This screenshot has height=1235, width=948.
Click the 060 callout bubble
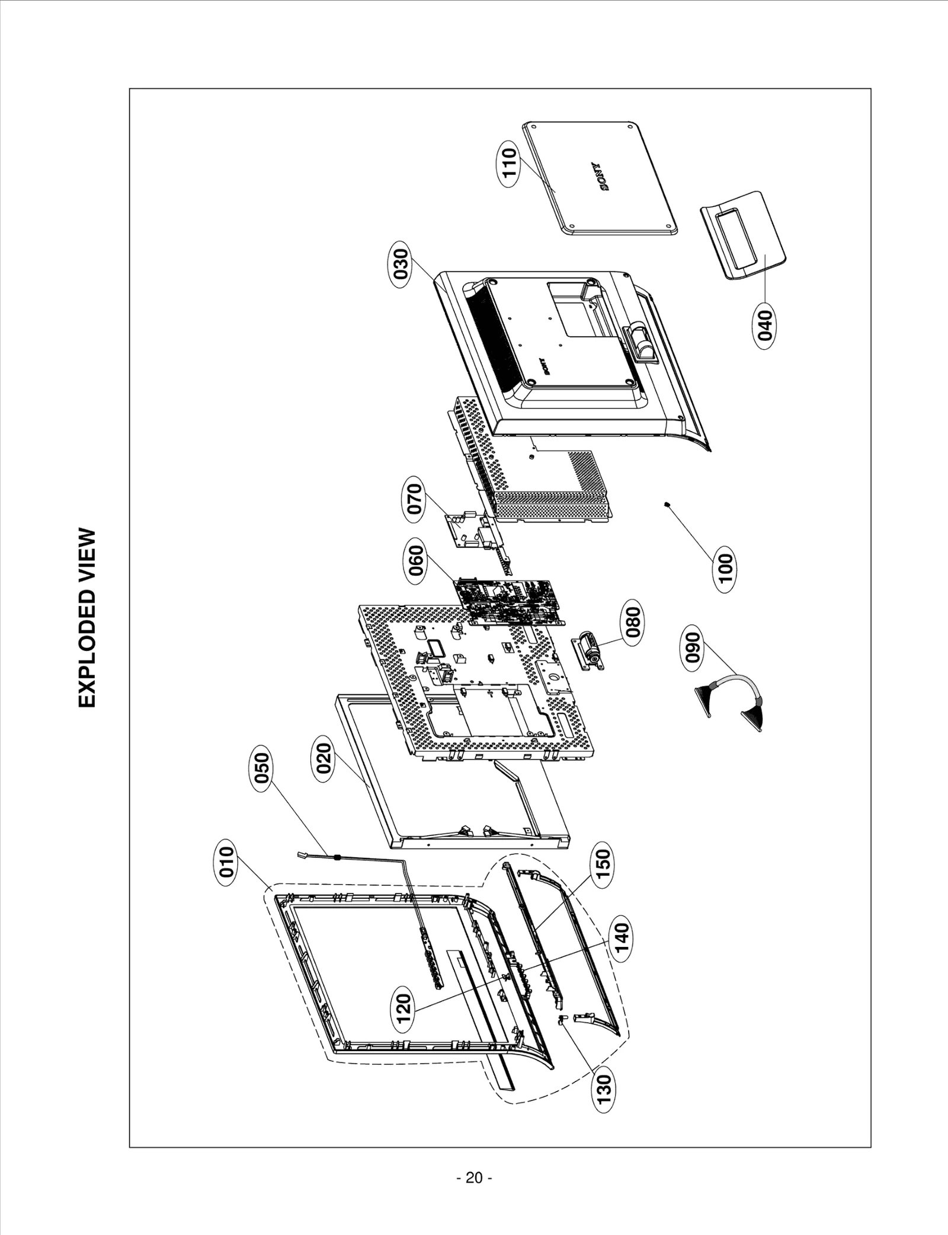(417, 563)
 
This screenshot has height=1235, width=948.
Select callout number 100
(725, 571)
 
